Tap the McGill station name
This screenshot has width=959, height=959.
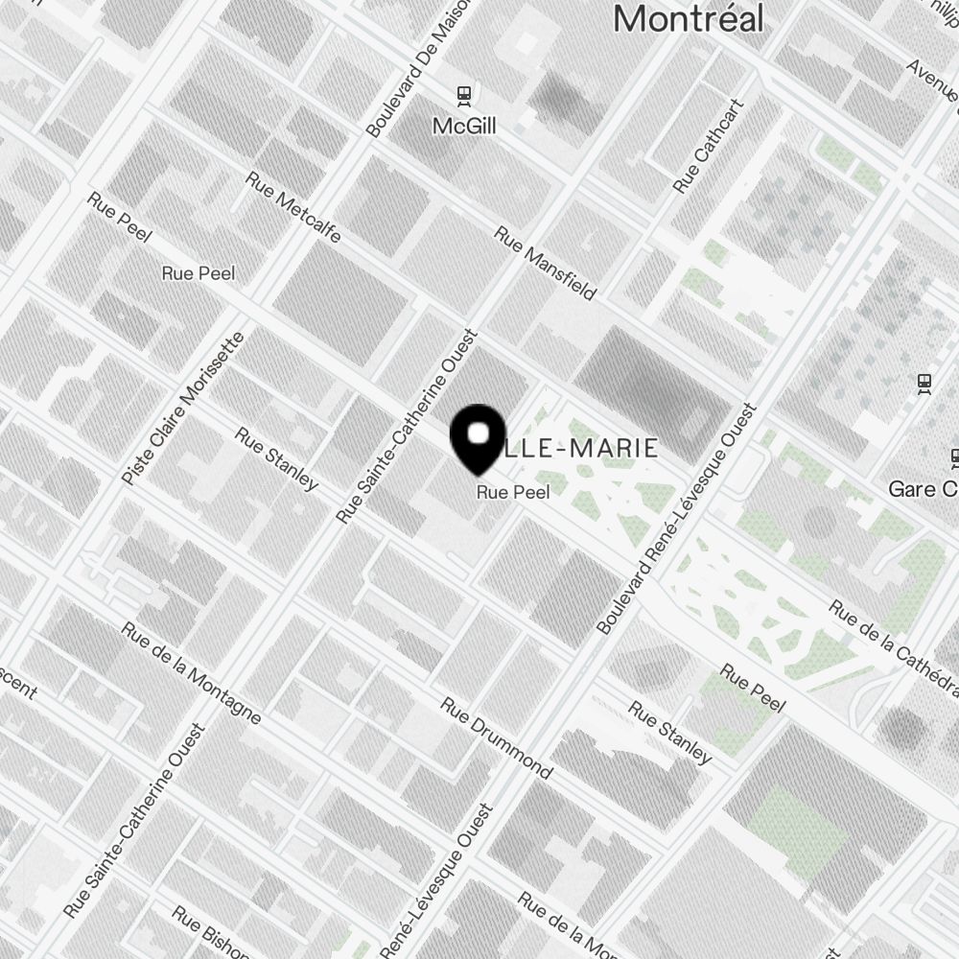[x=464, y=126]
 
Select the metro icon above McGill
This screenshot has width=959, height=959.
[x=464, y=95]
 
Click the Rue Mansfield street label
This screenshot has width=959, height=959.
[x=545, y=263]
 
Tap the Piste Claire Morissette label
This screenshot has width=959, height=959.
[x=184, y=408]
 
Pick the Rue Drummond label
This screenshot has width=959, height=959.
[x=496, y=737]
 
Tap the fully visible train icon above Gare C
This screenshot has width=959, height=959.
[x=924, y=384]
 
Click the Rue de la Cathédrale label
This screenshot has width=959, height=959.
[x=894, y=650]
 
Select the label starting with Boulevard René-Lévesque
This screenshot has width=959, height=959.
[x=677, y=519]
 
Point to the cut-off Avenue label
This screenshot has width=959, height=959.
[x=931, y=81]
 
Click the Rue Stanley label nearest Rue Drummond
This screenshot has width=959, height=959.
[x=670, y=733]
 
